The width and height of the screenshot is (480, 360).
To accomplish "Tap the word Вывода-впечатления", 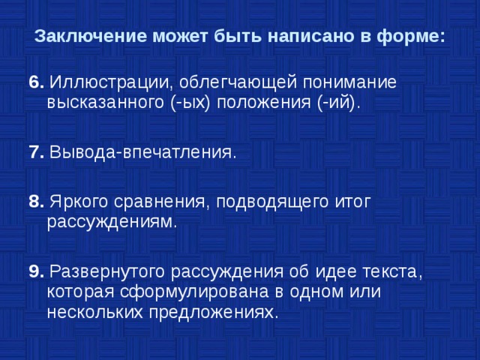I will (x=142, y=153).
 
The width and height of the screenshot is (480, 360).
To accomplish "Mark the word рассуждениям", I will (x=112, y=222).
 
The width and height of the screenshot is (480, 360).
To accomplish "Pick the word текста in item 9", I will (x=393, y=271).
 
